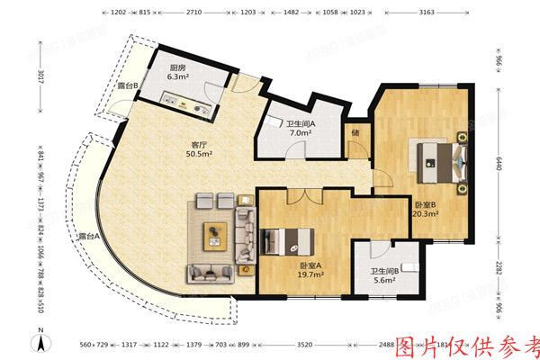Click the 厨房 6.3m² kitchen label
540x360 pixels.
[x=178, y=72]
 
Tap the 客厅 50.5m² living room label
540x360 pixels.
[x=198, y=148]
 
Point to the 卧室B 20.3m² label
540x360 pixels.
[x=426, y=209]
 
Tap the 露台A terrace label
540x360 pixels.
[x=87, y=237]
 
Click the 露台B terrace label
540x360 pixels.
[x=128, y=86]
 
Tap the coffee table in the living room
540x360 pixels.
[x=215, y=234]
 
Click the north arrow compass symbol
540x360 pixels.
[x=40, y=342]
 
